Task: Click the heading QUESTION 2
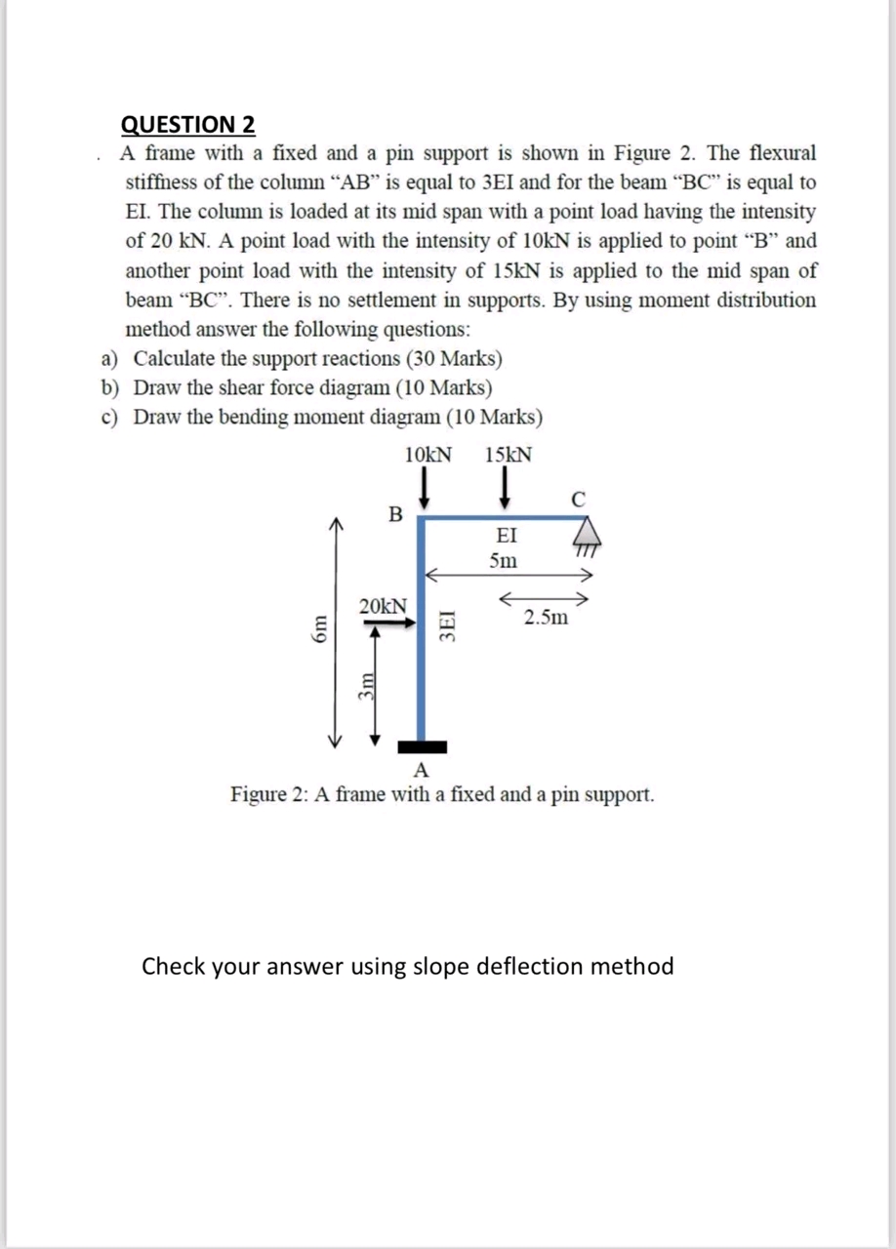(187, 125)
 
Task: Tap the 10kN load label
(427, 455)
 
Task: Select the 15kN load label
(508, 455)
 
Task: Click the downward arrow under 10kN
(427, 485)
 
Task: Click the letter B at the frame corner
(394, 513)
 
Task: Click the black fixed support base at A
(422, 747)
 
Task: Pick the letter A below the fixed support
(422, 770)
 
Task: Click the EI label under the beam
(507, 536)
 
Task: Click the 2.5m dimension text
(545, 617)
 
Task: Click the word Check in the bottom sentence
(175, 966)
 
